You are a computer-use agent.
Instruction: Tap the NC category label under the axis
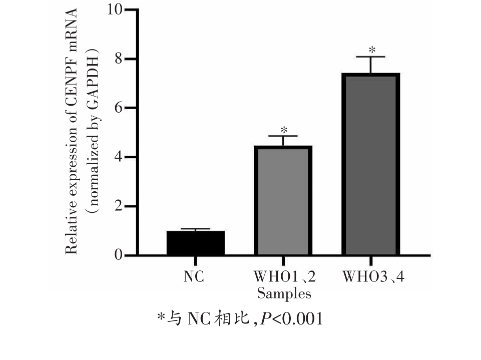[194, 276]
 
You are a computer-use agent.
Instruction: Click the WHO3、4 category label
[373, 276]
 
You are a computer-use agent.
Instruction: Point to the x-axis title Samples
[284, 293]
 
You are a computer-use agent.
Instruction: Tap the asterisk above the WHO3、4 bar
[371, 51]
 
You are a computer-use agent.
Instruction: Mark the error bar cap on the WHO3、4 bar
[371, 57]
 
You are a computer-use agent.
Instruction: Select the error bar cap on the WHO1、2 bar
[283, 136]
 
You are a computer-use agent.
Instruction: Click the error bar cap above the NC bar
[196, 229]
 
